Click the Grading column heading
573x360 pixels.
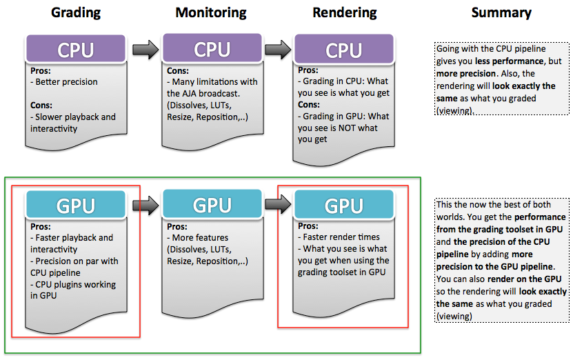[x=75, y=12]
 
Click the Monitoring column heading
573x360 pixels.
[x=212, y=12]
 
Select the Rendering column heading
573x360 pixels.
[x=344, y=12]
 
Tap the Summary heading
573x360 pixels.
[x=501, y=12]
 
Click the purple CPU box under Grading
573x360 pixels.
[x=75, y=50]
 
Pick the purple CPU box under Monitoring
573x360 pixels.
[x=212, y=50]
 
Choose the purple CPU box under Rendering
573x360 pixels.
[x=343, y=50]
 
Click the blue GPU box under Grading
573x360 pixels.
[x=75, y=206]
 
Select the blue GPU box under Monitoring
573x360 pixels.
[x=212, y=206]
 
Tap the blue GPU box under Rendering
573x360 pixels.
[x=343, y=206]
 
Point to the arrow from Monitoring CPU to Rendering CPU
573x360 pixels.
[x=278, y=50]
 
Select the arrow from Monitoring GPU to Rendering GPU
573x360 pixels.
[x=278, y=206]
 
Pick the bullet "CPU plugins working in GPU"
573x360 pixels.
[x=72, y=290]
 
